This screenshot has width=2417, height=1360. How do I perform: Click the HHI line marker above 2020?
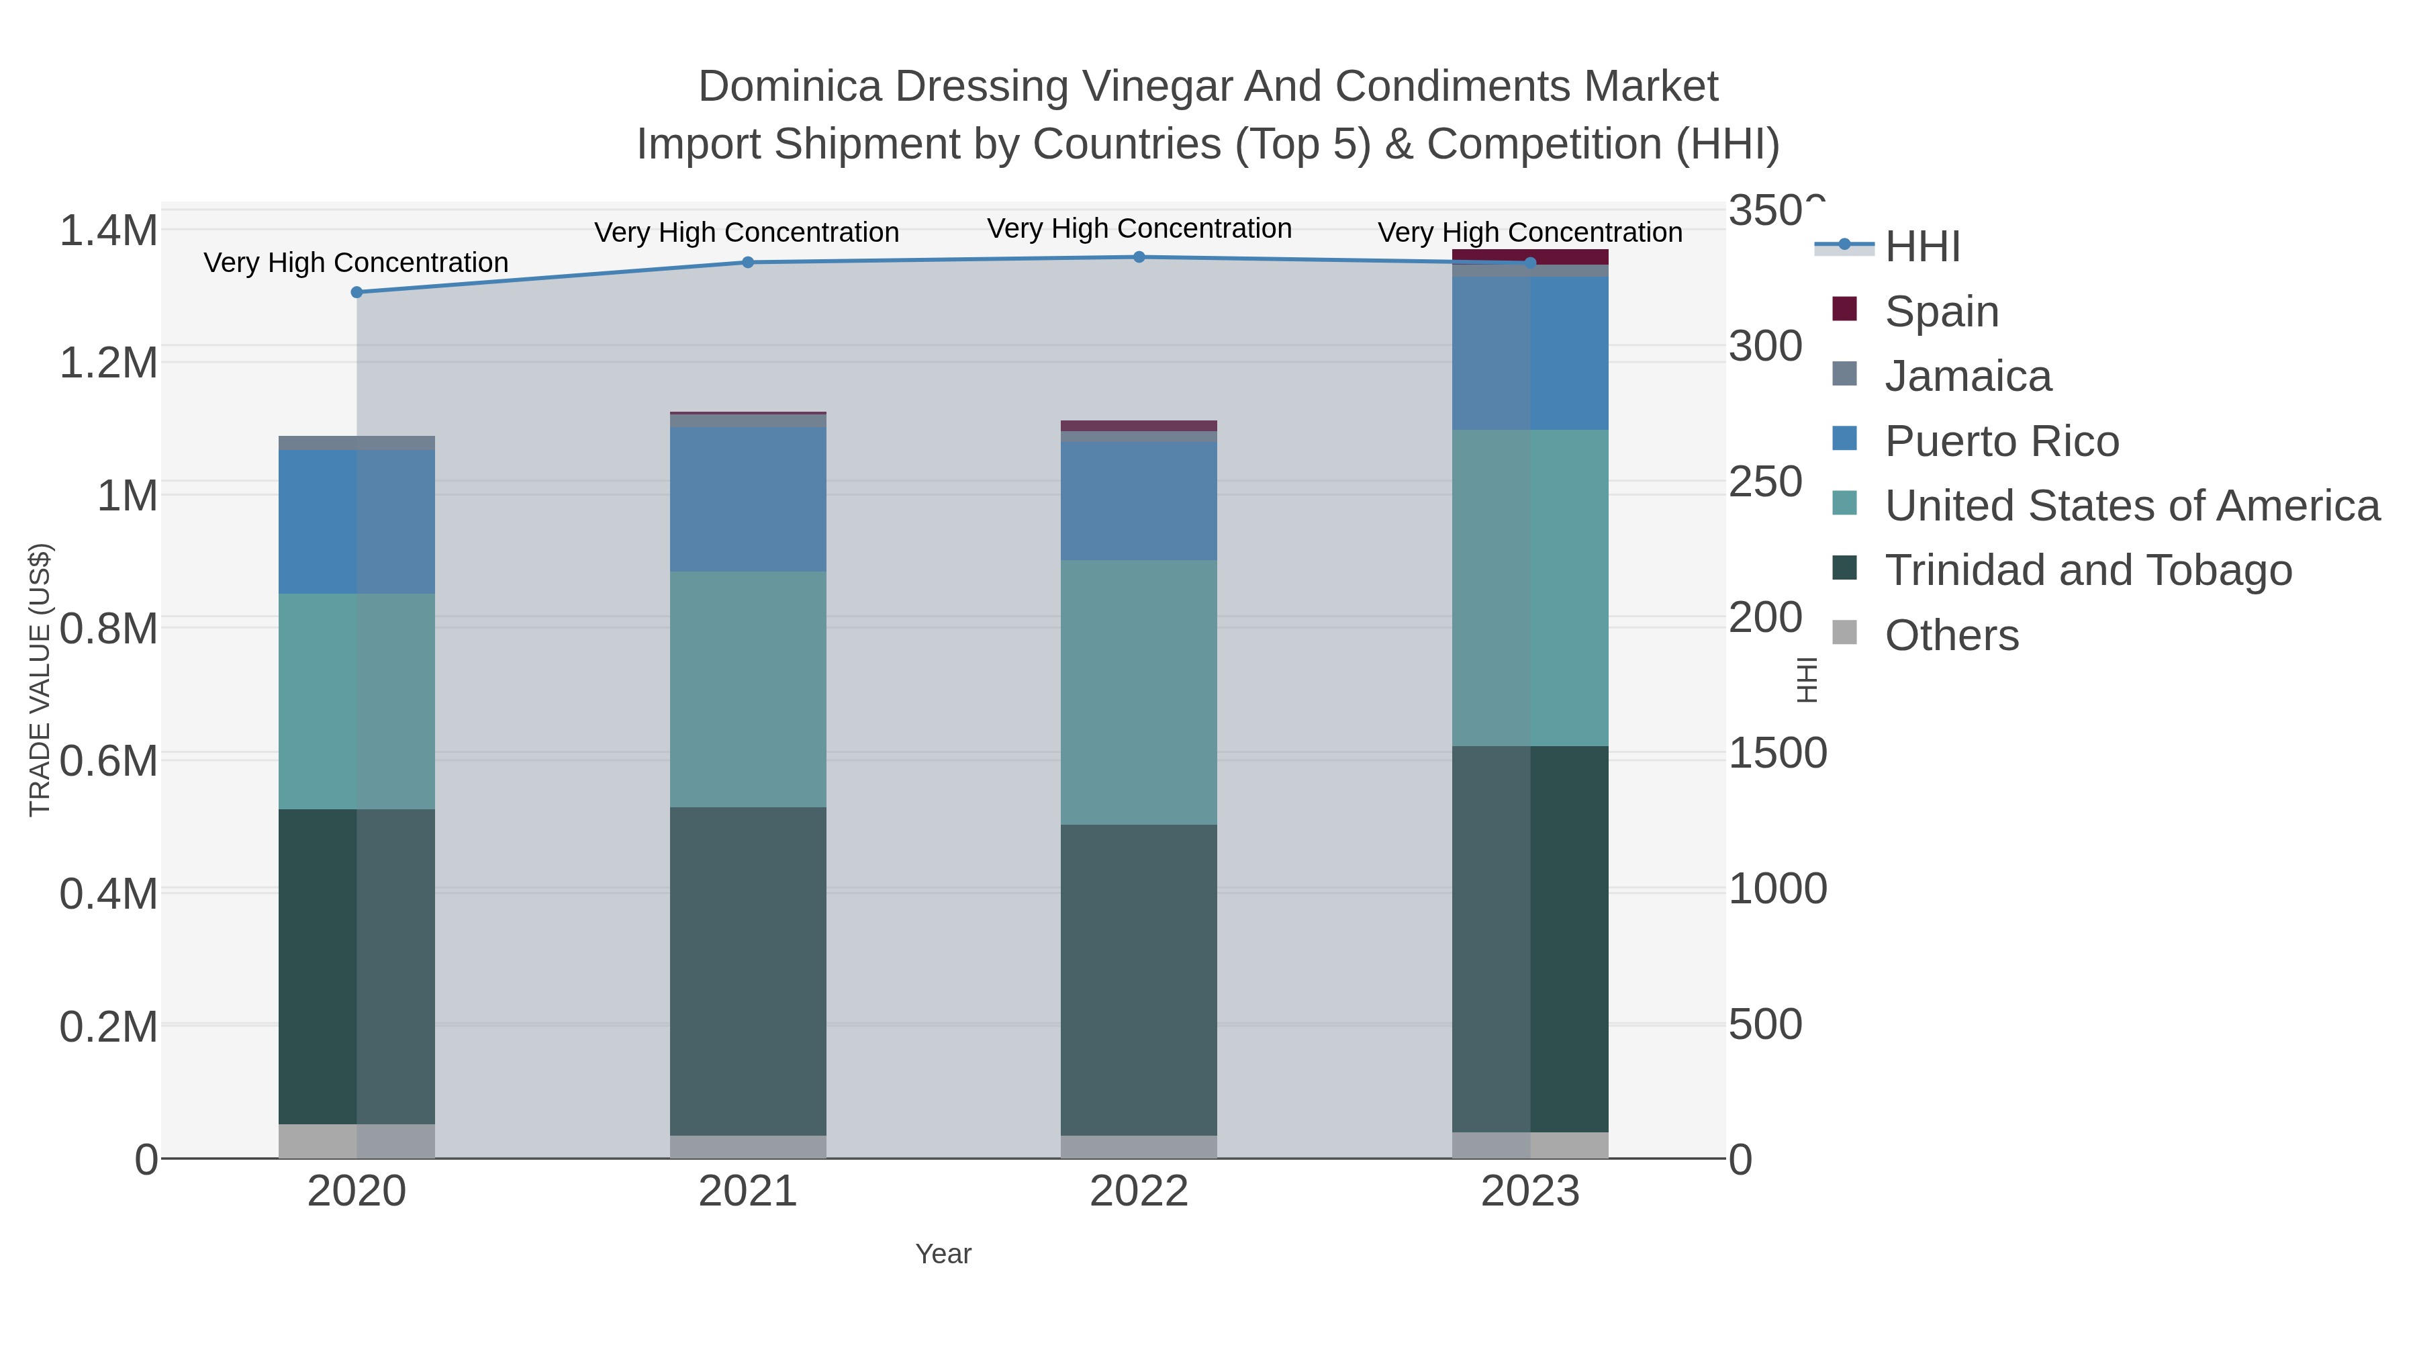[357, 292]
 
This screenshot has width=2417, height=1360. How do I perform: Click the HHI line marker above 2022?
[1139, 257]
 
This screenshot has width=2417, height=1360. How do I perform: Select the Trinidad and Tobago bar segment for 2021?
[748, 971]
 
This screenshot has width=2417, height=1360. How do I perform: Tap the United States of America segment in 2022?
[1139, 692]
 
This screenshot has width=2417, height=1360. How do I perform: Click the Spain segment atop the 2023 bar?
[1530, 257]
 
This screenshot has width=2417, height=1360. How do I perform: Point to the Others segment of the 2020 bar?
[357, 1140]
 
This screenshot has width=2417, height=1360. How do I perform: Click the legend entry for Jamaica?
[1968, 376]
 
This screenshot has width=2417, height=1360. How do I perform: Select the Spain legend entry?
[1941, 312]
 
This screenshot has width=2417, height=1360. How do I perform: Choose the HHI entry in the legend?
[1922, 247]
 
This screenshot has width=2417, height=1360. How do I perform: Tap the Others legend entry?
[1952, 635]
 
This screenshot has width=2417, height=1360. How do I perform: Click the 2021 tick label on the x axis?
[748, 1191]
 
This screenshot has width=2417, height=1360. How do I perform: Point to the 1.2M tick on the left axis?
[109, 362]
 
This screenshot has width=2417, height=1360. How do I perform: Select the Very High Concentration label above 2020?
[357, 262]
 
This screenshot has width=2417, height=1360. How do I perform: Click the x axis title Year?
[943, 1254]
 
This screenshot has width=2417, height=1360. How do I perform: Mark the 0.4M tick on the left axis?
[109, 893]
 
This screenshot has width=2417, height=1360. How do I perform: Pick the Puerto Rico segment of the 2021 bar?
[748, 499]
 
